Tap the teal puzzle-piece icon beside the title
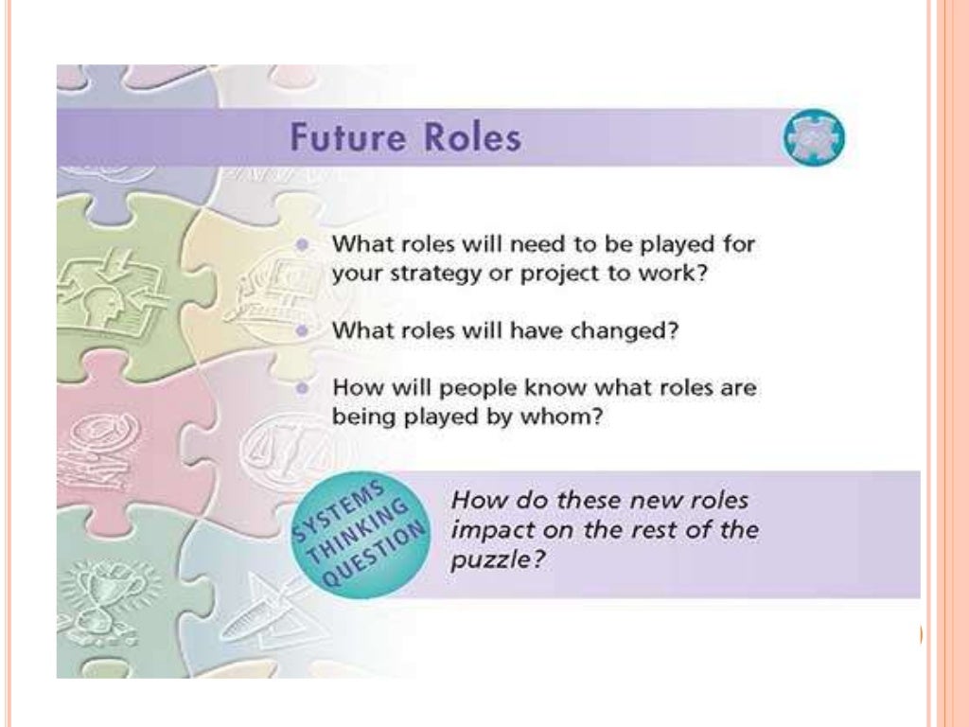click(x=813, y=140)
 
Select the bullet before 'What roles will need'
click(x=302, y=243)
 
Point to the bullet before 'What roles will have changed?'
click(x=302, y=331)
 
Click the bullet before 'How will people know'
click(x=302, y=388)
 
